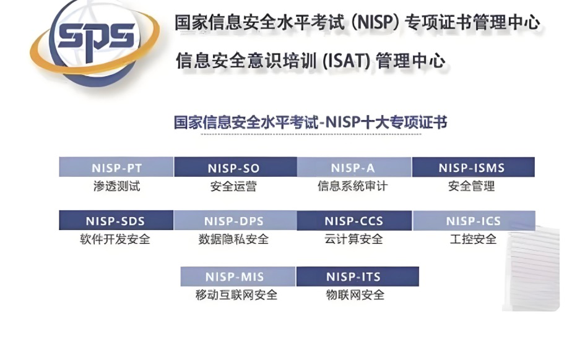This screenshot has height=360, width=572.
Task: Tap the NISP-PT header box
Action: [x=116, y=167]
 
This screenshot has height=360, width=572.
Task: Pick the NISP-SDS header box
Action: [x=116, y=220]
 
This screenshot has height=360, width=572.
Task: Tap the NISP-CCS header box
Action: [x=354, y=220]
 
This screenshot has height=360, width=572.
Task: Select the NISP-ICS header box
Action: [x=474, y=220]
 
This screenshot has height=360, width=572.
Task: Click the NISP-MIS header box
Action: [x=238, y=276]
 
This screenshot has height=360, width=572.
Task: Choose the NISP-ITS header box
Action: [x=358, y=276]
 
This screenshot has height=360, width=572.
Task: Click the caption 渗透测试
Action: [x=117, y=186]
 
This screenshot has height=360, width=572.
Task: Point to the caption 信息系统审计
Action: [x=352, y=186]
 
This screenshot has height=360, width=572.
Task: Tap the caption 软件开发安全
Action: [x=115, y=239]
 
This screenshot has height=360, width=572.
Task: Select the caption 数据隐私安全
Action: [x=233, y=239]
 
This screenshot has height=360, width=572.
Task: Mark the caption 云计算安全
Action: [x=353, y=239]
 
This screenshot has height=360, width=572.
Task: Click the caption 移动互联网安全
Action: [x=236, y=295]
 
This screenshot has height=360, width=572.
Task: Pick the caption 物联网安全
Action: [x=355, y=295]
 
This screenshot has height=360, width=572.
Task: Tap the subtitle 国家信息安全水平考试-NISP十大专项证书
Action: [x=310, y=122]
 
